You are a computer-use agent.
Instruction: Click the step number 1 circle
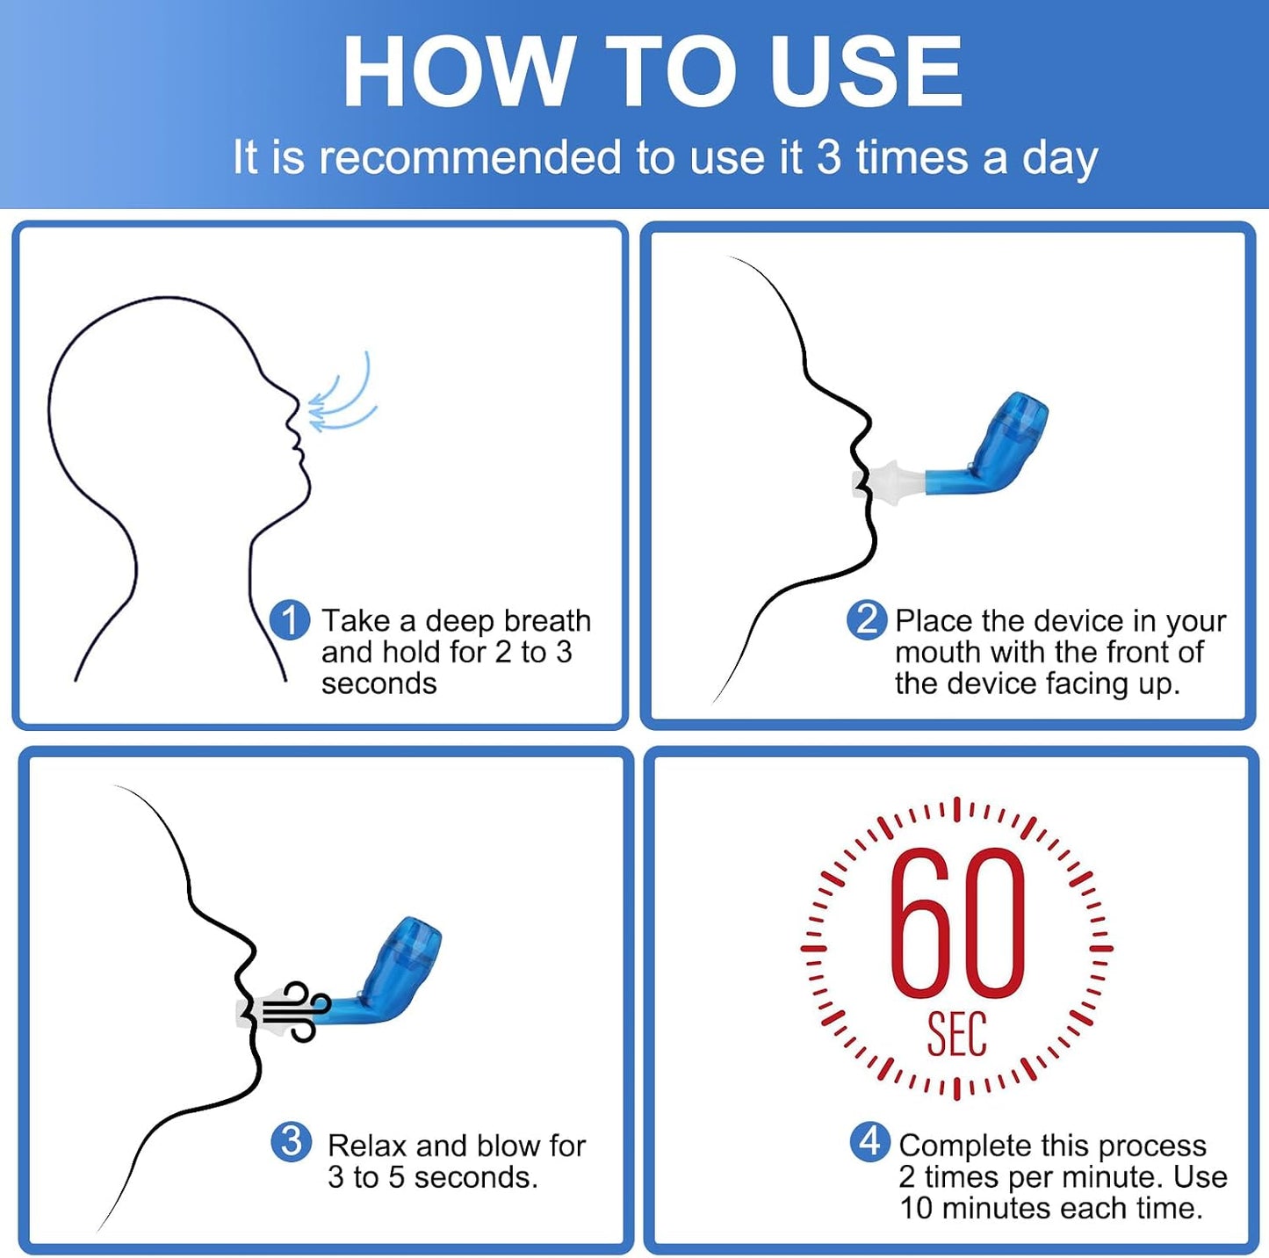click(291, 620)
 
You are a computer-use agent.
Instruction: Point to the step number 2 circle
click(867, 620)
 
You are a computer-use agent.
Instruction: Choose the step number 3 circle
click(291, 1141)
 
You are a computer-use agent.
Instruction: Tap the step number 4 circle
click(870, 1141)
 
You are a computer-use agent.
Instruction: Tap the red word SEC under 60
click(957, 1034)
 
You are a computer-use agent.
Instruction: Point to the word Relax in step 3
click(369, 1146)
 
